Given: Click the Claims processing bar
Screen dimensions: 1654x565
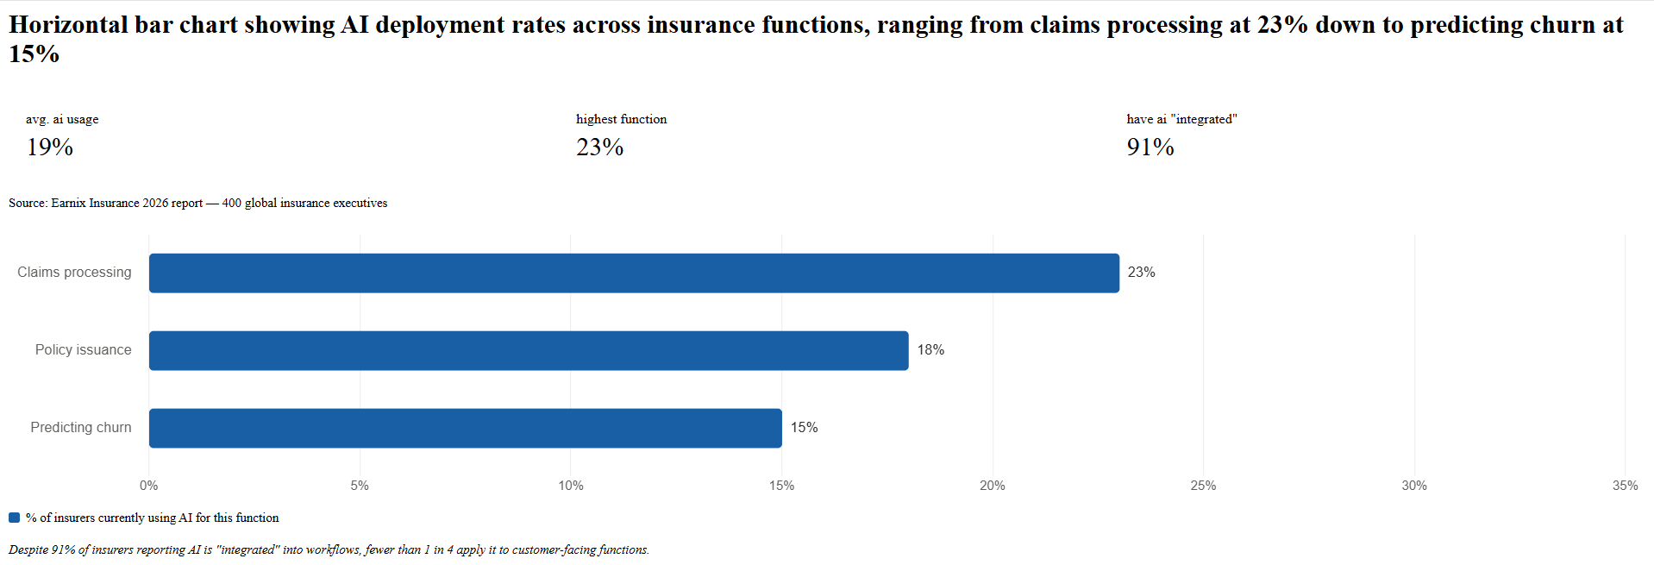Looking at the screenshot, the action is [x=634, y=273].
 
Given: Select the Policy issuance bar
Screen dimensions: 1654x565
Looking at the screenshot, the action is [x=529, y=350].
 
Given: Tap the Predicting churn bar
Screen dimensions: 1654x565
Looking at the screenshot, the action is [x=466, y=428].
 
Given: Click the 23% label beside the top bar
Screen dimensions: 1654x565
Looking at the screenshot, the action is [x=1141, y=273].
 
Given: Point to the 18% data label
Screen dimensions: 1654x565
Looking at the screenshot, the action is [x=930, y=350].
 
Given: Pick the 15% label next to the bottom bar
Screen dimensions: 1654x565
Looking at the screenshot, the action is [x=804, y=428].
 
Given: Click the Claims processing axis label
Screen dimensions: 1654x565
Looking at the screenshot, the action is [x=74, y=273].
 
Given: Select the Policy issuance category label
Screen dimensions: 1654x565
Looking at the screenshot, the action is [x=84, y=350].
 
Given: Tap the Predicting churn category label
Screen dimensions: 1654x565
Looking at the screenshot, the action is [x=81, y=428].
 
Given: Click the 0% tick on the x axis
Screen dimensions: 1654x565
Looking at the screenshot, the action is [x=149, y=486].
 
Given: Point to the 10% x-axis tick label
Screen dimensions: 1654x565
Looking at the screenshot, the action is [x=571, y=486].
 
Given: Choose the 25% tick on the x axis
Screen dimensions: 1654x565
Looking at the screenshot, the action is [x=1203, y=486].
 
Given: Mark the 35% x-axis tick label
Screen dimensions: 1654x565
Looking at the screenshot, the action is [x=1625, y=486].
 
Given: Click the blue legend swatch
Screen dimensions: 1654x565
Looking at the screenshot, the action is [x=14, y=518].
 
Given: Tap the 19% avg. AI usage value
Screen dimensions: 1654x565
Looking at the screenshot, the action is [x=50, y=148].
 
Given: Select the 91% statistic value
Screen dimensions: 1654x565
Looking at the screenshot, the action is [x=1150, y=148].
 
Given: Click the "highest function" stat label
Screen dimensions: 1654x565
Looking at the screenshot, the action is [x=621, y=119].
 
